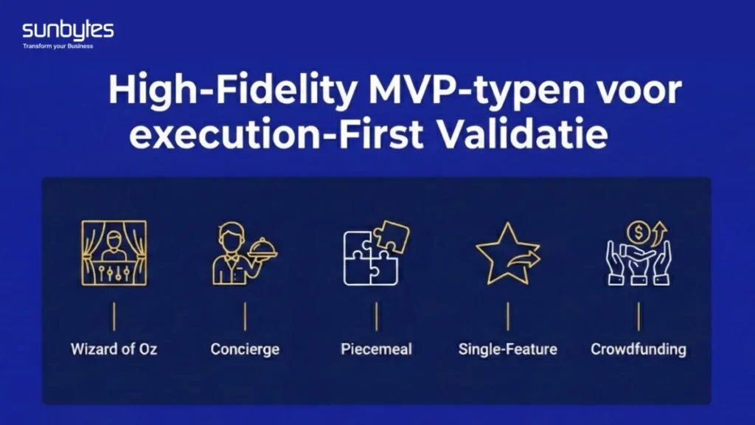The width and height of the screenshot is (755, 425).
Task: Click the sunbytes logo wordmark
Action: click(x=68, y=31)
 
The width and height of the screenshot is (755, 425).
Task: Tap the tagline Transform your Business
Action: click(x=58, y=46)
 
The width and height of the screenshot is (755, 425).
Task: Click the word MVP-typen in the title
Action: click(x=477, y=90)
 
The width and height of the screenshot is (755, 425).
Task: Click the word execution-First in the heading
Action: click(x=276, y=134)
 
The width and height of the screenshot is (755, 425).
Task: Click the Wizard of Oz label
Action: click(x=114, y=349)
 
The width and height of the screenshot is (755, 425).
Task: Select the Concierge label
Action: click(x=245, y=349)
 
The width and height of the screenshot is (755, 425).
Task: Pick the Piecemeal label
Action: click(x=377, y=349)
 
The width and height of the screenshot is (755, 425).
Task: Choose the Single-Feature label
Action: click(x=507, y=349)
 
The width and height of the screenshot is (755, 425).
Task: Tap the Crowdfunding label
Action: click(x=639, y=349)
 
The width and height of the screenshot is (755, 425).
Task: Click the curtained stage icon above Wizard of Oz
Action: click(x=114, y=253)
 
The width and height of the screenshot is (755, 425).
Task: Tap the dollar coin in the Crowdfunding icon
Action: click(x=639, y=232)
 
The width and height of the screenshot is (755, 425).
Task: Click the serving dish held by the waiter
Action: click(x=263, y=249)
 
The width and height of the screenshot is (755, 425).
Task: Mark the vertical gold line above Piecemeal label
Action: click(x=377, y=317)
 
